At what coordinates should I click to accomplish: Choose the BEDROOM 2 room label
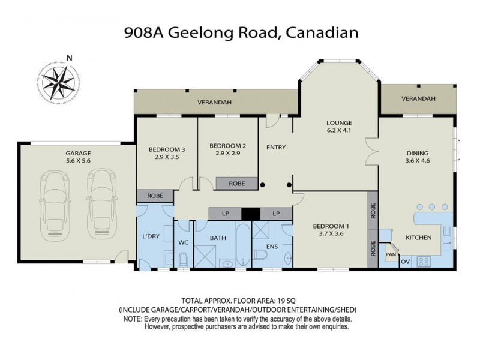tap(228, 145)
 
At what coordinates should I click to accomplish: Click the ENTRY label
tap(275, 147)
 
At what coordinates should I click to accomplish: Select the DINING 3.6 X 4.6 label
tap(418, 156)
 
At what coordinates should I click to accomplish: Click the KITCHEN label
tap(418, 238)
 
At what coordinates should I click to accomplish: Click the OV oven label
tap(405, 262)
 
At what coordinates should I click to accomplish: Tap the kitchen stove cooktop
tap(424, 261)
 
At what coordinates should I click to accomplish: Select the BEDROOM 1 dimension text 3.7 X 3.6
tap(331, 234)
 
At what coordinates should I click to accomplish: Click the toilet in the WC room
tap(184, 259)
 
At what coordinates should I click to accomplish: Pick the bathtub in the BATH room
tap(242, 245)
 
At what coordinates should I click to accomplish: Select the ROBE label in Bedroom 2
tap(236, 184)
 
